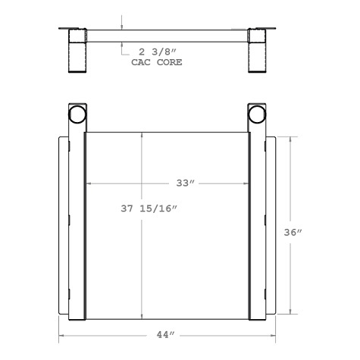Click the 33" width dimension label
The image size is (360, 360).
click(185, 183)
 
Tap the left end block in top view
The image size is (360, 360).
click(78, 51)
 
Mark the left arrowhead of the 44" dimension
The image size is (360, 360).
click(61, 334)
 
